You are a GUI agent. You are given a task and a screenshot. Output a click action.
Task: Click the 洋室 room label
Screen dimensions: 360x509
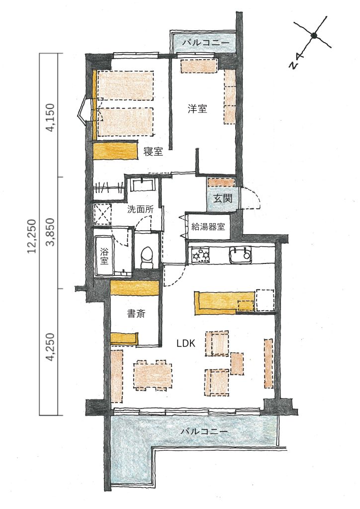click(197, 108)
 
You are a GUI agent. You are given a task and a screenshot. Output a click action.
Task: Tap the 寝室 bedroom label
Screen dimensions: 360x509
click(153, 151)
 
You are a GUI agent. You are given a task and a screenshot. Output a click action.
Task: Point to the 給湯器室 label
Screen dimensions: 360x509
click(208, 227)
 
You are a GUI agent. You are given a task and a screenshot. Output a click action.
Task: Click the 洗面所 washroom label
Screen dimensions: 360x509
click(140, 209)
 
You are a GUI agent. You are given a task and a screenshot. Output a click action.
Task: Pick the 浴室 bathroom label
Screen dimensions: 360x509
click(104, 255)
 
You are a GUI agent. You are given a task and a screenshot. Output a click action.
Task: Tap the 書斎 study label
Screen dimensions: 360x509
click(136, 314)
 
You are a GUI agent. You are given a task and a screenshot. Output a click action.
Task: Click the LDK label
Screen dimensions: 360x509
click(185, 343)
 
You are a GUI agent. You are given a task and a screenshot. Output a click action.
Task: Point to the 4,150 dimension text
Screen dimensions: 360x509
click(51, 117)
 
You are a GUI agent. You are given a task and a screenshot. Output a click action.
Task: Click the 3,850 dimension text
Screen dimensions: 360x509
click(51, 233)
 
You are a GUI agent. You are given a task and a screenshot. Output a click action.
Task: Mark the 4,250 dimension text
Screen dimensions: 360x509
click(51, 347)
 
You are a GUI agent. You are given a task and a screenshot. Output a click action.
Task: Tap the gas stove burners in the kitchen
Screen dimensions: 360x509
click(200, 255)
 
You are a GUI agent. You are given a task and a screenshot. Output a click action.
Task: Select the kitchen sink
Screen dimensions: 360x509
click(240, 254)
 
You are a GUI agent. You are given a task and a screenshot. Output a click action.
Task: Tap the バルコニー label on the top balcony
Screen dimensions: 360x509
click(205, 43)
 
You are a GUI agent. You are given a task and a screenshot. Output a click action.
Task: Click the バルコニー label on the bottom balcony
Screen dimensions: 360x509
click(204, 432)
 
